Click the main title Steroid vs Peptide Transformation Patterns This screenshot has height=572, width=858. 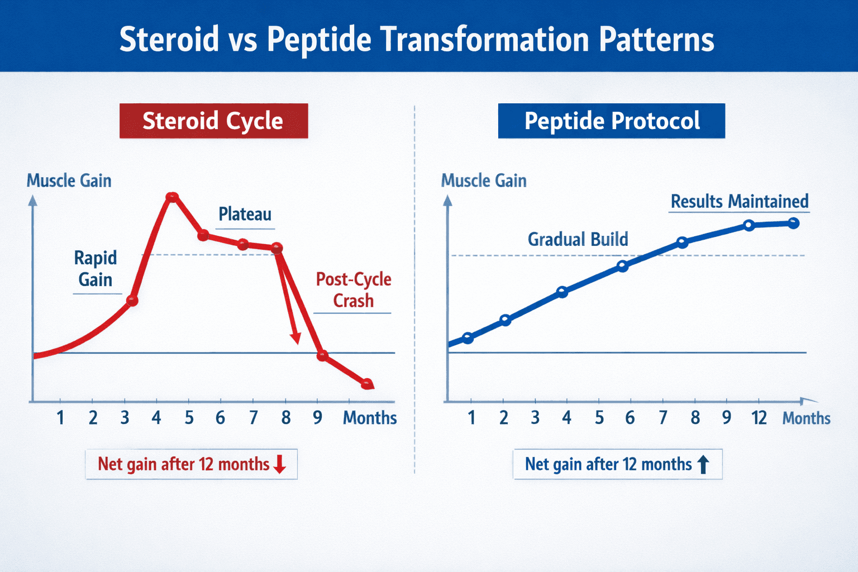pos(417,40)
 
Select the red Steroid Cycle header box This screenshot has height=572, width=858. pos(213,121)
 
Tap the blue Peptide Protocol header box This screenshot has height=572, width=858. pos(611,121)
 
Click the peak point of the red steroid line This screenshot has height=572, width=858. pos(172,197)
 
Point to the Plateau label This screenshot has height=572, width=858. pos(245,214)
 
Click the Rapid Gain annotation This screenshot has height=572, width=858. pos(96,269)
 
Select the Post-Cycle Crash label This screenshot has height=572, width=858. pos(353,290)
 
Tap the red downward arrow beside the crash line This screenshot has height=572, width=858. pos(295,337)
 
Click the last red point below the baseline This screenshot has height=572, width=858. pos(367,384)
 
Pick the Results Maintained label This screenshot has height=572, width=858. pos(739,201)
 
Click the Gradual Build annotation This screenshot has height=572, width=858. pos(578,239)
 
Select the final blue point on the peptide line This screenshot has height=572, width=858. pos(793,223)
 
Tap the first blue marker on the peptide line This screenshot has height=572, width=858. pos(468,337)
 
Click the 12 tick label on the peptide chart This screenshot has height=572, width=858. pos(759,418)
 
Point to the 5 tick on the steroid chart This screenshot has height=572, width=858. pos(189,418)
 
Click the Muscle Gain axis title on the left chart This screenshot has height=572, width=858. pos(69,180)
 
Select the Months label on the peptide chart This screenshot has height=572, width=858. pos(806,418)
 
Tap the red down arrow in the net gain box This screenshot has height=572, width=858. pos(280,464)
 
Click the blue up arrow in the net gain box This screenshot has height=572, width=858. pos(703,464)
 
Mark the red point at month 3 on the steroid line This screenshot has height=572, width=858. pos(132,301)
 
